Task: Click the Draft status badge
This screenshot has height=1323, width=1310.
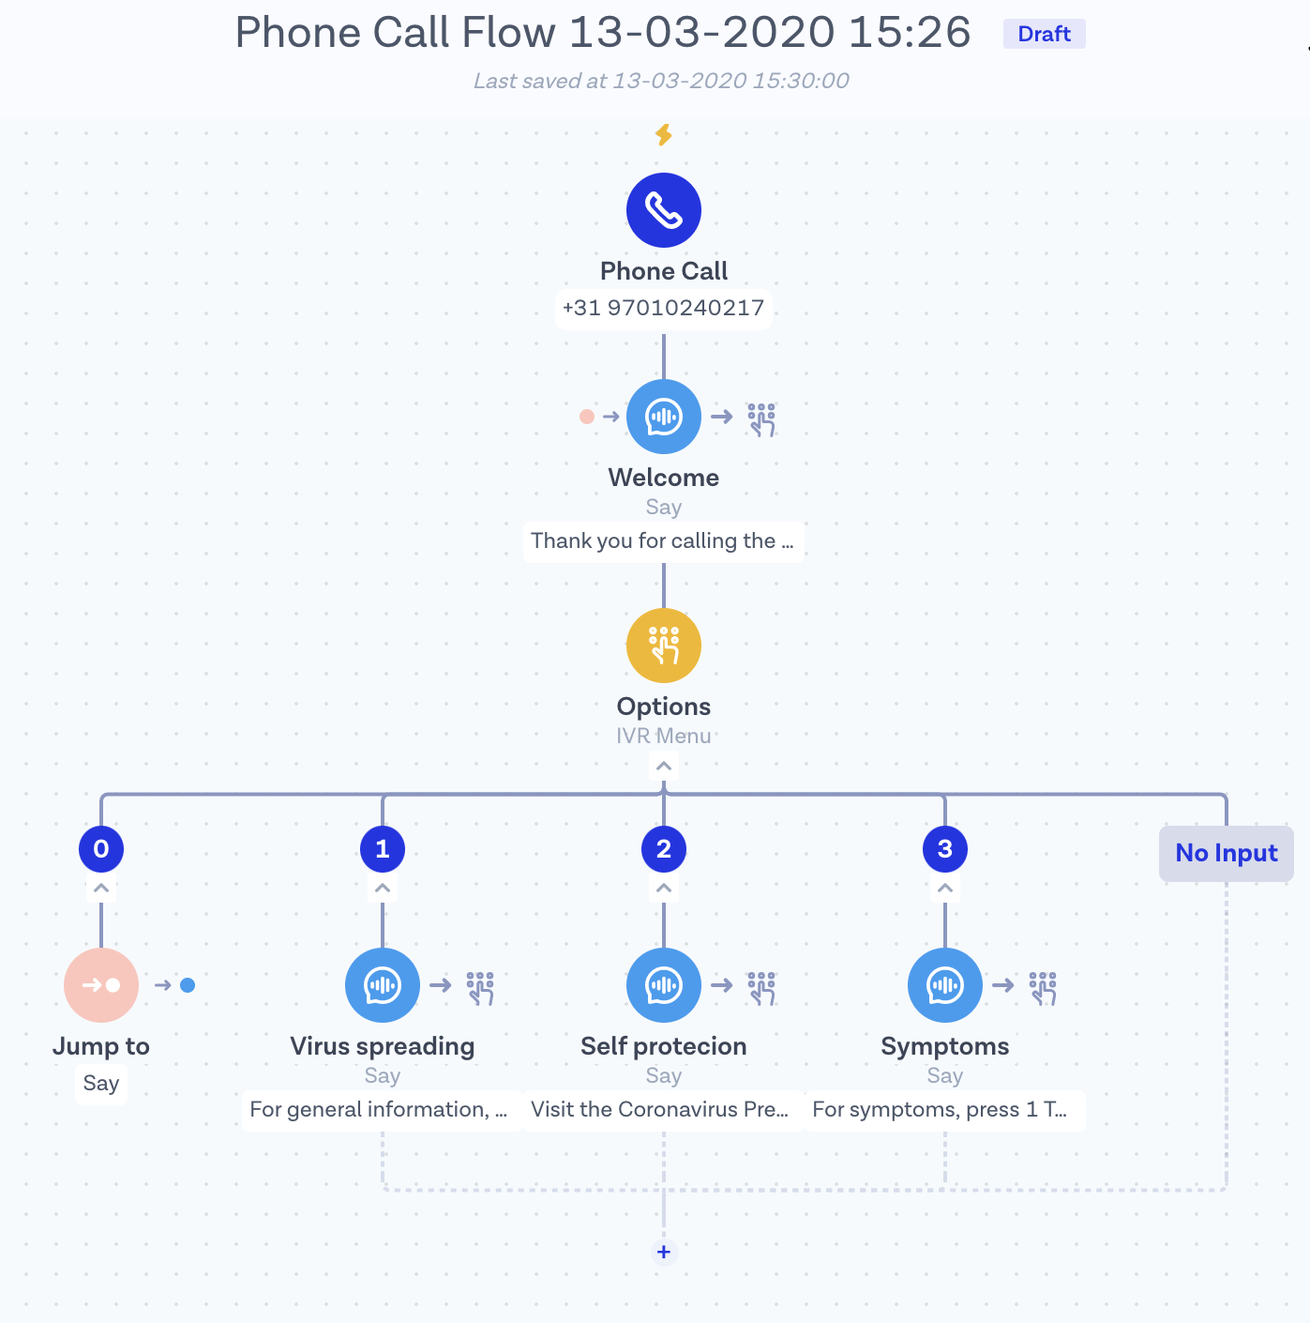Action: (1044, 34)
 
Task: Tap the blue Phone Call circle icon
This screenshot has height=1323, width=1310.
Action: (664, 210)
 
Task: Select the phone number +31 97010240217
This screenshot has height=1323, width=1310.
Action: (663, 308)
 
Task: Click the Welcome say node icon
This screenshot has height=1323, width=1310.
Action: (664, 417)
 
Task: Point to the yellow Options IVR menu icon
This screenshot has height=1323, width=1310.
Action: (664, 646)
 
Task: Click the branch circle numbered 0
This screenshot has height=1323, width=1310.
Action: (101, 849)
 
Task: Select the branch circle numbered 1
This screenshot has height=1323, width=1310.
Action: (383, 849)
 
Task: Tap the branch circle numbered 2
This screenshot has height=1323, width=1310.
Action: (664, 849)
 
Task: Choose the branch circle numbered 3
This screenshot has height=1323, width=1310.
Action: (945, 849)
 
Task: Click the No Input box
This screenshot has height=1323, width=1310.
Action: (1226, 853)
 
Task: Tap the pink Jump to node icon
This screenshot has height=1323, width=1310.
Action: (101, 985)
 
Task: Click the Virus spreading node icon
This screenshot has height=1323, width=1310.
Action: (383, 985)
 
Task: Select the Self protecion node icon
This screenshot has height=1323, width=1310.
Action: (664, 985)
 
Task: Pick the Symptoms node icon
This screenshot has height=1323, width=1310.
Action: (945, 985)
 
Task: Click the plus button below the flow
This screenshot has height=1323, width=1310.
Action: (664, 1252)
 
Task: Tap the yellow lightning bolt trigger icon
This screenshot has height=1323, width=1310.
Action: (664, 134)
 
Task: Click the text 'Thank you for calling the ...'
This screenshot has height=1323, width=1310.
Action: (662, 541)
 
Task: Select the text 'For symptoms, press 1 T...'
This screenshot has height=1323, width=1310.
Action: (940, 1110)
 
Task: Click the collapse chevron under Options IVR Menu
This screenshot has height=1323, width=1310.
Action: (664, 767)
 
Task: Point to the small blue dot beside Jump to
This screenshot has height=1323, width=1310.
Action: (188, 985)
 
